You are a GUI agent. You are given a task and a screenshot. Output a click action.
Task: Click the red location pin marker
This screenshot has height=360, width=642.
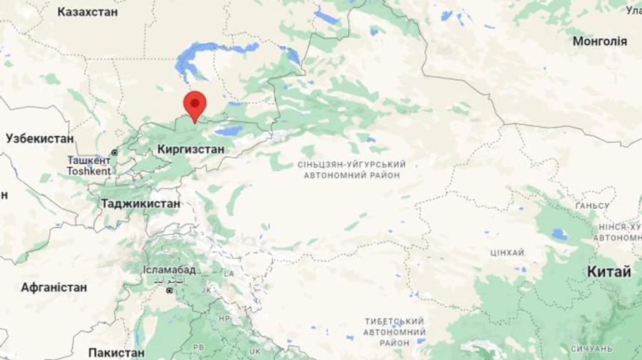tap(194, 105)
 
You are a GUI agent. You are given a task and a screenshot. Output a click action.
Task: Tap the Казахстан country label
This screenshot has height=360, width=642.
tap(88, 12)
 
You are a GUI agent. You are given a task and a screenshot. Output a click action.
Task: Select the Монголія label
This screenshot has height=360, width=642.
tap(600, 41)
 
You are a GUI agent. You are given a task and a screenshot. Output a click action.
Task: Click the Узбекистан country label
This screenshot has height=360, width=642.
tap(40, 138)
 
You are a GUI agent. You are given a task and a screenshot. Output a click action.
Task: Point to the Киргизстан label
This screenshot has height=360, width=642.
tap(190, 150)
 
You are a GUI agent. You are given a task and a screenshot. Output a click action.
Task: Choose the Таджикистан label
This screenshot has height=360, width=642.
tap(141, 203)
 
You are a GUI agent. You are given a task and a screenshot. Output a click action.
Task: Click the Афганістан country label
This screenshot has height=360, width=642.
tap(54, 287)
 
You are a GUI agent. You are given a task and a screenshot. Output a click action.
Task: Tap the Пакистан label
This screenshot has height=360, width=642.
tap(116, 352)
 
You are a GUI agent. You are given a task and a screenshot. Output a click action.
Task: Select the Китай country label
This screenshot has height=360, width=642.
tap(608, 272)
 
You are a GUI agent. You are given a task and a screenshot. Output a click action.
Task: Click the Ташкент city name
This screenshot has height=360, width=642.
tap(89, 160)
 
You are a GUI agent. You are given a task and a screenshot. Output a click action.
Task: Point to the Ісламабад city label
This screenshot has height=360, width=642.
tap(169, 269)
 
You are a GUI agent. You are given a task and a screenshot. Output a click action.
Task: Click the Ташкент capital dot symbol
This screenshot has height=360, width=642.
tap(114, 153)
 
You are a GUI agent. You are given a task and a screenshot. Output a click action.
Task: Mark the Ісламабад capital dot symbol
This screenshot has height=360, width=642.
tap(169, 290)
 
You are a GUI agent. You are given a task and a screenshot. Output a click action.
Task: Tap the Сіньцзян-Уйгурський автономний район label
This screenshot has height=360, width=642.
tap(351, 170)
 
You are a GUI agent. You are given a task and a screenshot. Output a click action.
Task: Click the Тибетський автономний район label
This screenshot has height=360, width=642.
tap(394, 331)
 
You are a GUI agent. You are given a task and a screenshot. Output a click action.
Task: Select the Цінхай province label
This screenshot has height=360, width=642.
tap(507, 253)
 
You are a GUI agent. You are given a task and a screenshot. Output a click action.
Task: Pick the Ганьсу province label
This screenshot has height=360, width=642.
tap(592, 206)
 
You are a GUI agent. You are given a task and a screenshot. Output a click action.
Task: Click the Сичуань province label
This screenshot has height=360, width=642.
tap(591, 349)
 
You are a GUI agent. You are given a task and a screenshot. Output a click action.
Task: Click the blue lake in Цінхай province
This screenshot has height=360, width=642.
tap(559, 233)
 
